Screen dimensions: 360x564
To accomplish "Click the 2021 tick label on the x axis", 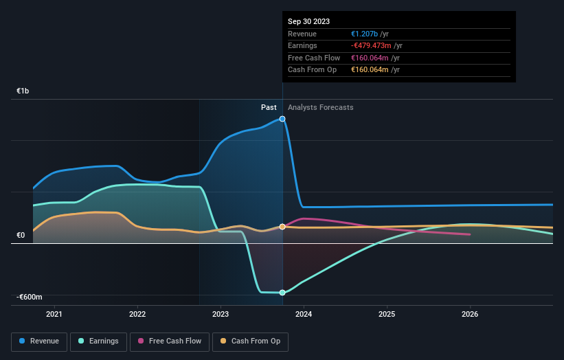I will [54, 315].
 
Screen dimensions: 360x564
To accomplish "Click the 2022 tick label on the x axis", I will [137, 315].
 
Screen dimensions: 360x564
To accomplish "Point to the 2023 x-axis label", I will [221, 315].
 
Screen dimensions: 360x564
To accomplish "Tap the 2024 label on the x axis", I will [304, 315].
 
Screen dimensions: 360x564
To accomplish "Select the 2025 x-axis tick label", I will [387, 315].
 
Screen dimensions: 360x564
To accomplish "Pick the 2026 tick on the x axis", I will [470, 315].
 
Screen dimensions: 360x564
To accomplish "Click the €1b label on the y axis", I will [23, 91].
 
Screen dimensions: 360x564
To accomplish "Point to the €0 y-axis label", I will [21, 236].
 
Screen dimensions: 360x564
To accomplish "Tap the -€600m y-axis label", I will [30, 297].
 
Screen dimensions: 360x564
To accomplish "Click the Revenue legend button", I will [40, 341].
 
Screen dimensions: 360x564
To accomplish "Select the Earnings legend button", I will [98, 341].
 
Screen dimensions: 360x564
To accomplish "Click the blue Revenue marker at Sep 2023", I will [282, 119].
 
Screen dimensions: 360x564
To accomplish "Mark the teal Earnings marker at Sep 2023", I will [282, 293].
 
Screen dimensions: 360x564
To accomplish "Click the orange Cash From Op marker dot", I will [282, 227].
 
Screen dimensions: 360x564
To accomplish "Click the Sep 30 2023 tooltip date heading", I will [308, 21].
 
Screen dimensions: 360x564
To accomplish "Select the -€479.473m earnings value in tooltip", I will [376, 46].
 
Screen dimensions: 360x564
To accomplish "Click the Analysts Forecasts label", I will [321, 107].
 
